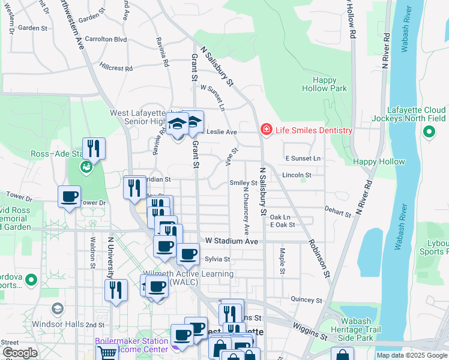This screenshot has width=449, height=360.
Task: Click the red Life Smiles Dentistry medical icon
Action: (265, 130)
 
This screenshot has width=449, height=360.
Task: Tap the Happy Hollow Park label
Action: (330, 84)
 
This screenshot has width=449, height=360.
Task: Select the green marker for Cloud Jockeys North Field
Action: (429, 133)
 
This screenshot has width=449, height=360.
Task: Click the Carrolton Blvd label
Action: (106, 39)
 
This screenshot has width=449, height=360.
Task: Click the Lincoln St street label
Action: (297, 175)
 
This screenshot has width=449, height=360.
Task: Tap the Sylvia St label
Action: (217, 259)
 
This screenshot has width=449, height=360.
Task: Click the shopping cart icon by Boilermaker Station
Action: (107, 353)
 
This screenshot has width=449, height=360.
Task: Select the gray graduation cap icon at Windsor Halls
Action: (57, 309)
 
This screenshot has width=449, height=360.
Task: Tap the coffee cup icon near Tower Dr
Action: (69, 196)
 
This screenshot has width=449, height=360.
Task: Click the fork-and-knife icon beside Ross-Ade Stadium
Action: (94, 148)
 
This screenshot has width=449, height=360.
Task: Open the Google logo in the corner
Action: (20, 353)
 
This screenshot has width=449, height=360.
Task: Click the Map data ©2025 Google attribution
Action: (411, 355)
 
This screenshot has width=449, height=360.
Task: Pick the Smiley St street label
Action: (243, 182)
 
